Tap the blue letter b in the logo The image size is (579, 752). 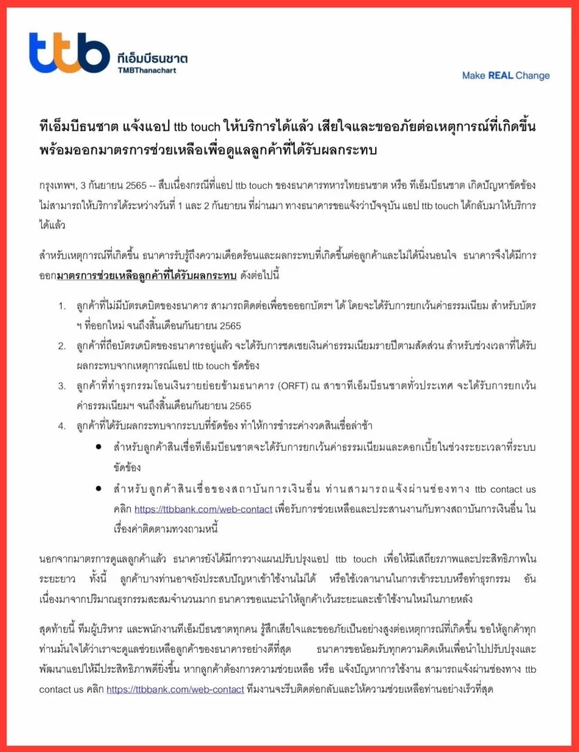pyautogui.click(x=93, y=52)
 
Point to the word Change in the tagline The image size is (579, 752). pyautogui.click(x=532, y=76)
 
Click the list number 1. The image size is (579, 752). pyautogui.click(x=62, y=305)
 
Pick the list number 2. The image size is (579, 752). pyautogui.click(x=62, y=345)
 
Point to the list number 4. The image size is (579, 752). pyautogui.click(x=62, y=426)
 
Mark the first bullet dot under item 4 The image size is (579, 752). pyautogui.click(x=98, y=446)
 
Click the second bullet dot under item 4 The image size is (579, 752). pyautogui.click(x=98, y=489)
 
